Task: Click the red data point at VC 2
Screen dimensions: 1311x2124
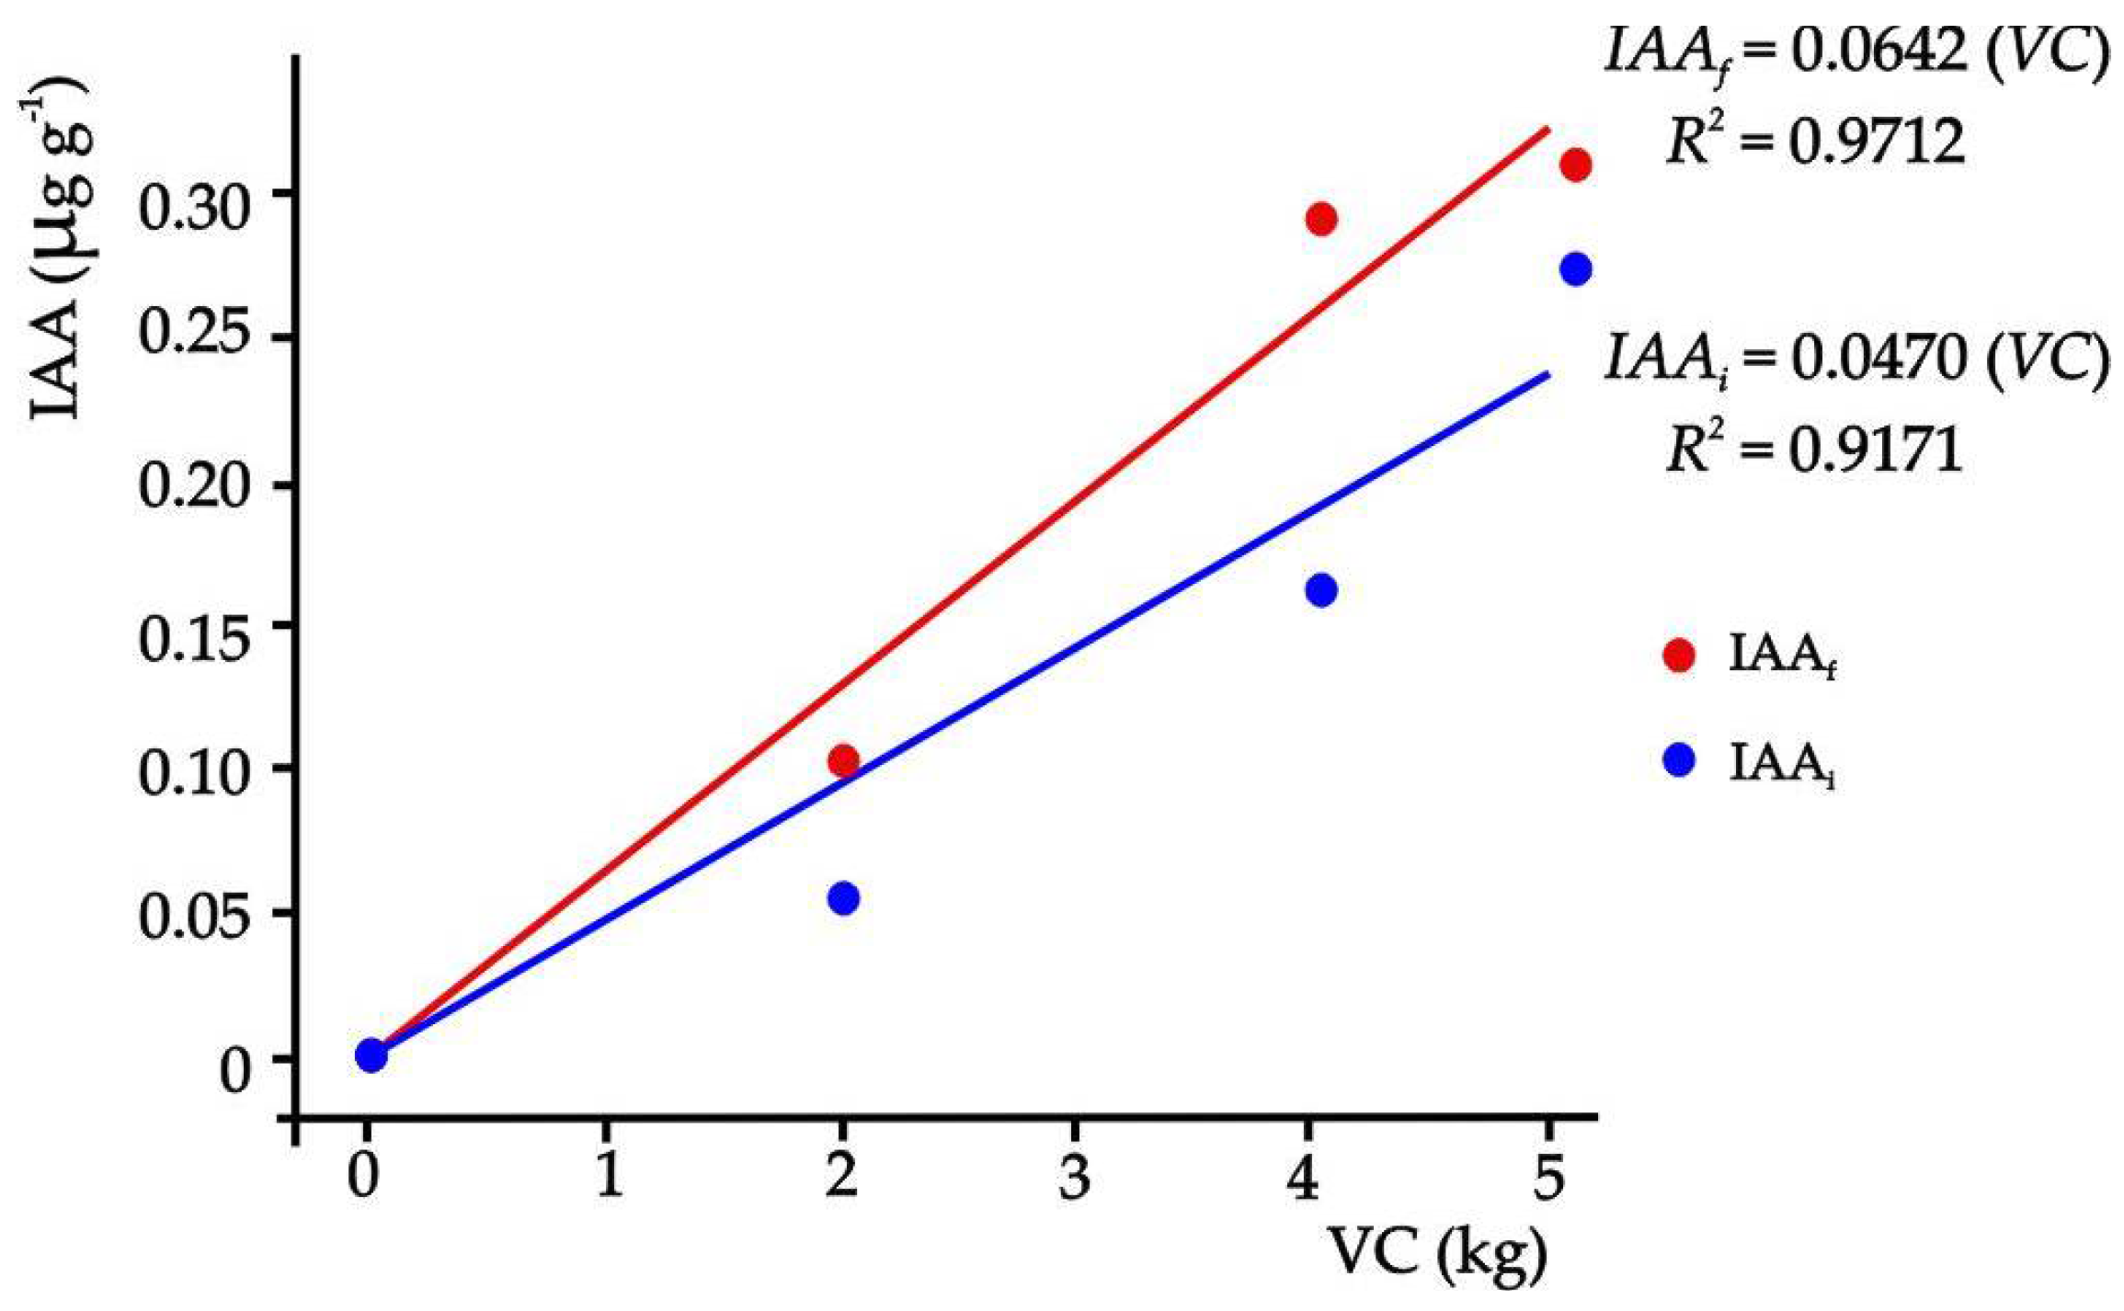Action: click(x=843, y=761)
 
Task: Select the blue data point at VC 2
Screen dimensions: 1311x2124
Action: click(x=843, y=898)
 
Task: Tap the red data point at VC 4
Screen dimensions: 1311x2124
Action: click(x=1320, y=220)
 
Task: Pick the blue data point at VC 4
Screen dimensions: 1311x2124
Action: click(x=1320, y=590)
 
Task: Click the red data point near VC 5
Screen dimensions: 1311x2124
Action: click(x=1575, y=166)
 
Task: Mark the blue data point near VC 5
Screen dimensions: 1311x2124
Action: click(x=1575, y=269)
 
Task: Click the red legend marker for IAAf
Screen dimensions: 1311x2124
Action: click(x=1679, y=655)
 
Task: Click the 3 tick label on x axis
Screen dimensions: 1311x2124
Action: click(x=1073, y=1177)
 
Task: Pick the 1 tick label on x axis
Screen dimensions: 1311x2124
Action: click(x=607, y=1177)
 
